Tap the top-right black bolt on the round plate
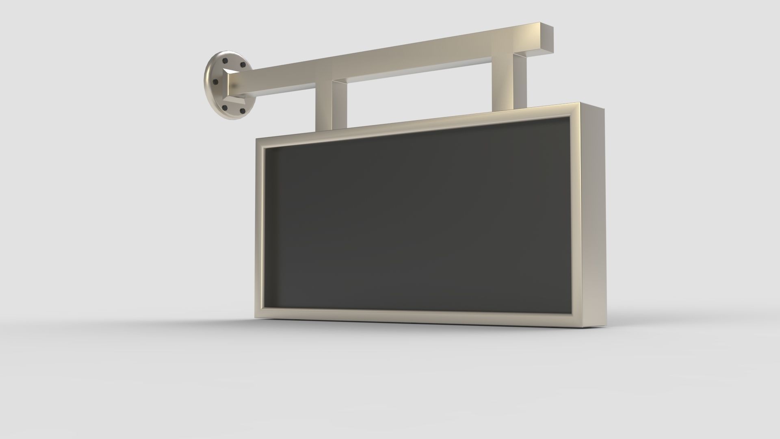pos(243,65)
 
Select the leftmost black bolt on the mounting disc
pos(215,83)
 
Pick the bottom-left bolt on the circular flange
pos(225,108)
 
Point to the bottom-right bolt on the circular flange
pos(242,111)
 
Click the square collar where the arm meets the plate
pos(235,87)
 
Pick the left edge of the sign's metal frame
pos(260,228)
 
